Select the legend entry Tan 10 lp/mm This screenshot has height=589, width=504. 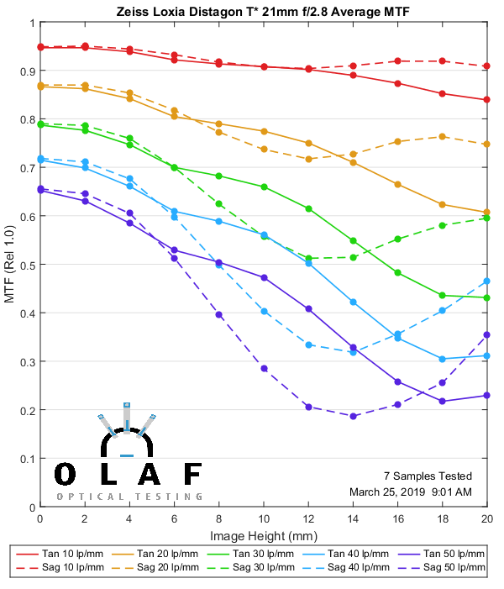80,554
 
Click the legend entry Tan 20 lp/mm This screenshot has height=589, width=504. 173,554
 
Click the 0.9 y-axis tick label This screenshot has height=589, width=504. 27,71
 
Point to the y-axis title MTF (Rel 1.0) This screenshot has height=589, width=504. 10,265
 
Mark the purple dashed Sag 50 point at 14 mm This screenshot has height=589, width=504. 353,416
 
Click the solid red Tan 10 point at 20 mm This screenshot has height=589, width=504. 487,100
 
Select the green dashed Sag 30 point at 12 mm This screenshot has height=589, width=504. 308,258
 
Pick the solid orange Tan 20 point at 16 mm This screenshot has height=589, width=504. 397,184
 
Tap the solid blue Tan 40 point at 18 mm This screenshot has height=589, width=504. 443,359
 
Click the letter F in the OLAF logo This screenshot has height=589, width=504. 192,475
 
